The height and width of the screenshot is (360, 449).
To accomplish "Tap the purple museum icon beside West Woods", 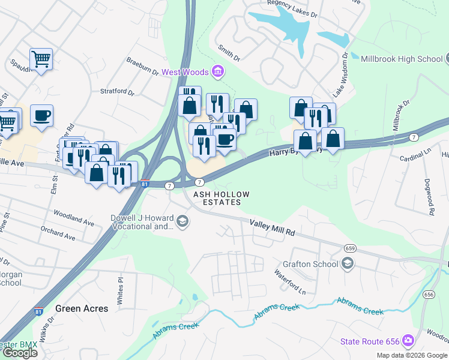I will [217, 72].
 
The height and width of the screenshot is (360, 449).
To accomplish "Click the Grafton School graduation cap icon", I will [347, 263].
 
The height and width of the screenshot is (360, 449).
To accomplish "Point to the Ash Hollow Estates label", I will [217, 198].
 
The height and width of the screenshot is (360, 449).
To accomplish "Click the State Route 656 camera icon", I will [408, 341].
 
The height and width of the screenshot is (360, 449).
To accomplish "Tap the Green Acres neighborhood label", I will [82, 308].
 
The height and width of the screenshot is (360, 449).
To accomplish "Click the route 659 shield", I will [351, 248].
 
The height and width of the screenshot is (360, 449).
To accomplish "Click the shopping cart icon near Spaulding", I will [41, 59].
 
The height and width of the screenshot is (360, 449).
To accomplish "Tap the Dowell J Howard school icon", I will [182, 223].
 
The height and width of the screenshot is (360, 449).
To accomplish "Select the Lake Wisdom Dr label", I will [340, 74].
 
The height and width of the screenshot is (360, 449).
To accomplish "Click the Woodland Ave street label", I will [74, 217].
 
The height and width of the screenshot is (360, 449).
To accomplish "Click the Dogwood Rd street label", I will [430, 200].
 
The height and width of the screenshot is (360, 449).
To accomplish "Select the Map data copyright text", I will [412, 355].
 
